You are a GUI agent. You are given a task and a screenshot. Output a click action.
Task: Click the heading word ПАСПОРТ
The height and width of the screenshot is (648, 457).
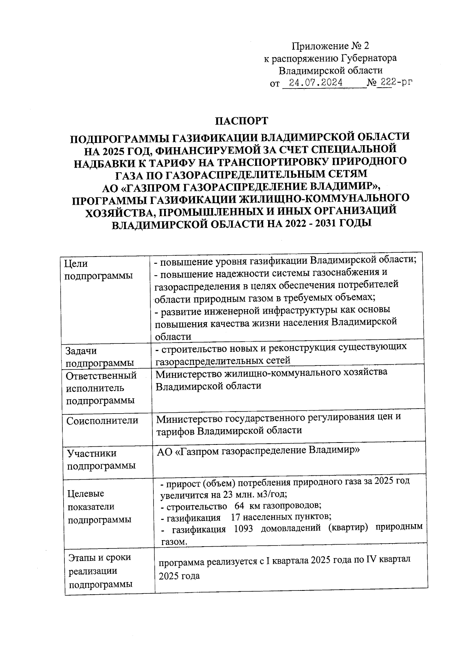pos(242,121)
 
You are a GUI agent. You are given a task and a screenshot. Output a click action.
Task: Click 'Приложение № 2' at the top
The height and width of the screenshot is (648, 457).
pos(331,46)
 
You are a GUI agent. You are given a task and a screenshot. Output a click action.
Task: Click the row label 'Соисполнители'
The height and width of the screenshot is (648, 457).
pos(102,421)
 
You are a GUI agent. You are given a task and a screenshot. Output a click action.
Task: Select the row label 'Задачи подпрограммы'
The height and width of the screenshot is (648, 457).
pos(99,357)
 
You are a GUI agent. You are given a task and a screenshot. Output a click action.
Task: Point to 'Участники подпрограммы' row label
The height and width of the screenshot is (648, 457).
pos(101,459)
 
